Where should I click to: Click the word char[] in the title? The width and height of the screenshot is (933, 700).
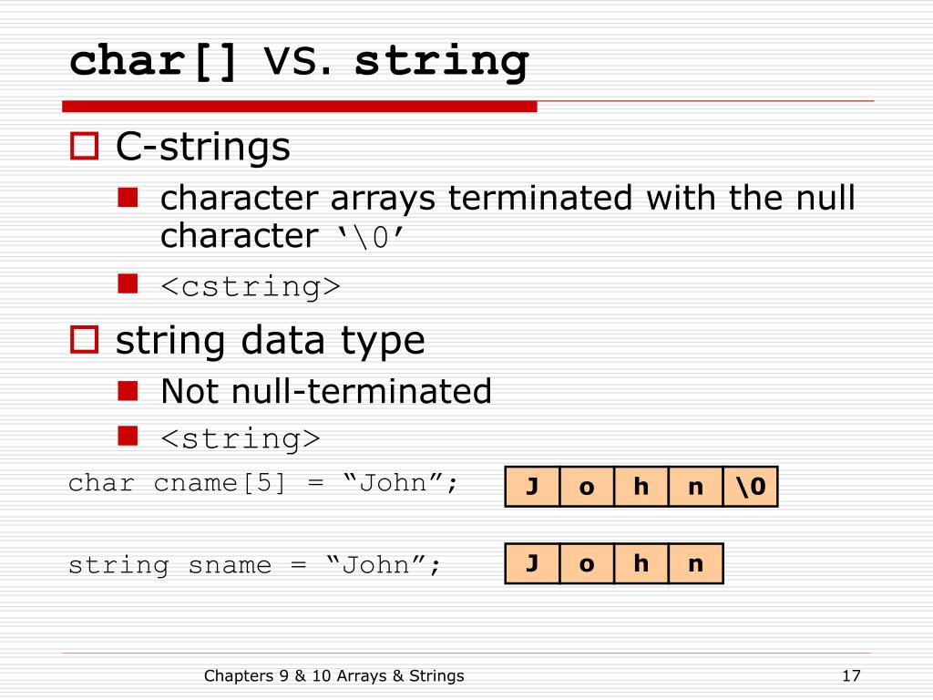(x=154, y=62)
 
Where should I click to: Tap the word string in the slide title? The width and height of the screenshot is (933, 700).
(x=441, y=62)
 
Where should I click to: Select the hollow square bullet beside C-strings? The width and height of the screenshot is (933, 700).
(x=84, y=147)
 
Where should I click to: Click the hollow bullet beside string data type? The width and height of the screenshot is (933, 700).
(x=84, y=340)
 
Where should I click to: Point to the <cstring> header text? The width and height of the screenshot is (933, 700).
(x=251, y=286)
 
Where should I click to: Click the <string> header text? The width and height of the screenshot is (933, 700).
(x=241, y=438)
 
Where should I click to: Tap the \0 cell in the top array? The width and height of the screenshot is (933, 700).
(x=751, y=487)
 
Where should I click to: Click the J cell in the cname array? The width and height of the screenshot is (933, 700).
(x=532, y=487)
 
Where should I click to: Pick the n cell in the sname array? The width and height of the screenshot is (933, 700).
(x=695, y=563)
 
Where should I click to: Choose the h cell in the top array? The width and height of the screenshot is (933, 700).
(x=641, y=487)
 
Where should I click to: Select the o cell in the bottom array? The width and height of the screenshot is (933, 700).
(x=587, y=563)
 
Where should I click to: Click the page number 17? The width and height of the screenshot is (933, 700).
(x=852, y=675)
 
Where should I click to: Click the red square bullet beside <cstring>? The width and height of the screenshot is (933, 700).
(x=128, y=284)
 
